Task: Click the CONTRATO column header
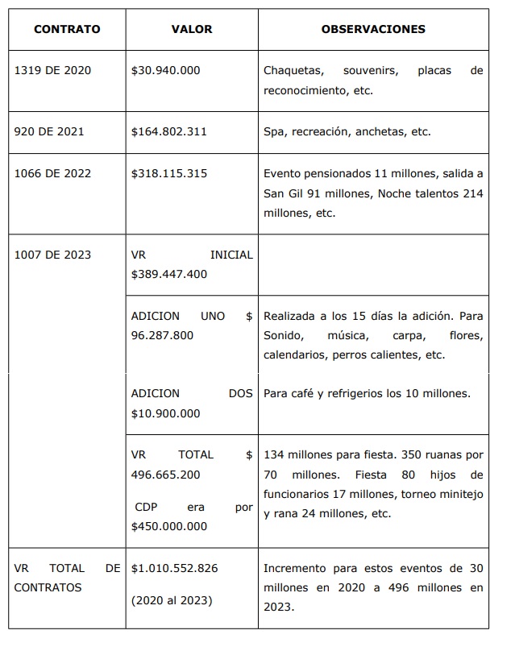tap(67, 29)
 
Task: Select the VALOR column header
tap(192, 29)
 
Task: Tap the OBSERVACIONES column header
tap(373, 29)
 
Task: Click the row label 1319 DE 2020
tap(53, 70)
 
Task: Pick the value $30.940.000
tap(165, 70)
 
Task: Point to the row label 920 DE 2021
tap(49, 131)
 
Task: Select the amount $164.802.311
tap(168, 131)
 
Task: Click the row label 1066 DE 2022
tap(53, 173)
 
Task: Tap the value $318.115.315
tap(168, 173)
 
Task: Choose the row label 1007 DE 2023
tap(53, 255)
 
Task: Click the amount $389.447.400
tap(168, 274)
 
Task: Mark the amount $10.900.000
tap(165, 414)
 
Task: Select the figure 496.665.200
tap(165, 475)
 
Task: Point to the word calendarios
tap(295, 355)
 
